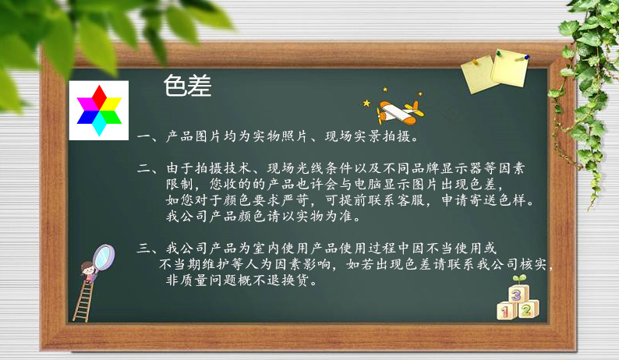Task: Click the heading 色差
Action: tap(188, 86)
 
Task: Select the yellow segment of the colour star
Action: tap(111, 104)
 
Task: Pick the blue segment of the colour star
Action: tap(87, 117)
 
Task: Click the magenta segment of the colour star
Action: tap(87, 104)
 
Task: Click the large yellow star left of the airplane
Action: tap(366, 104)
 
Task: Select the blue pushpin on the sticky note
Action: tap(527, 57)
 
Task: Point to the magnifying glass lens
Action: tap(104, 257)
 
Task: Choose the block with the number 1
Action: tap(506, 311)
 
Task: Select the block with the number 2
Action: tap(528, 309)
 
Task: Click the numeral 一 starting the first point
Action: tap(143, 137)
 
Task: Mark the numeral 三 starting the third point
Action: tap(143, 249)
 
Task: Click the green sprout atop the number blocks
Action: tap(520, 279)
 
